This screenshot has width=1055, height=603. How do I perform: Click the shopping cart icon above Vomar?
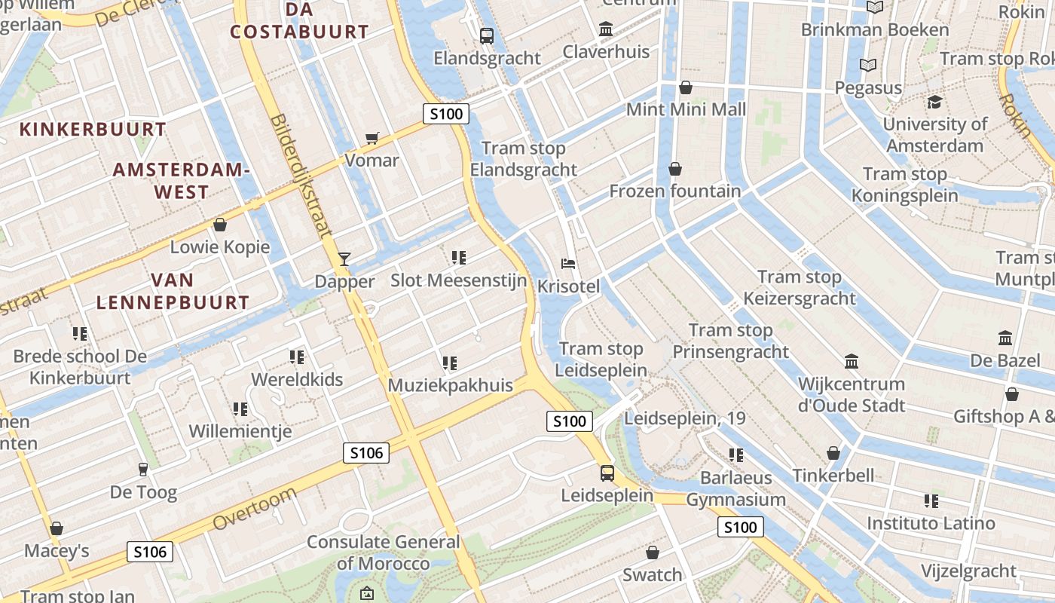pos(371,138)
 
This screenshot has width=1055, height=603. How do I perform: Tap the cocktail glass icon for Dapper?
pos(344,259)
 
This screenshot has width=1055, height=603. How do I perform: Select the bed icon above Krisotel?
pos(569,264)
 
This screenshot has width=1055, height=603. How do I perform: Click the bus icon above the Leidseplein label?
pos(607,473)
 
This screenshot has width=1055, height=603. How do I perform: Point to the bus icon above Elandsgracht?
pos(487,35)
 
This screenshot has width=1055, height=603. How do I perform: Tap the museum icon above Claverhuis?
pos(606,29)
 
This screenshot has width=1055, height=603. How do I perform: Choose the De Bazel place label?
pos(1005,360)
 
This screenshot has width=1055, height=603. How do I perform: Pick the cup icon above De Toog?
pos(143,470)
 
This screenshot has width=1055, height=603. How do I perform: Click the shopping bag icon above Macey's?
pos(57,528)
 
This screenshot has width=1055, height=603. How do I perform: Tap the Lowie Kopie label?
pos(219,246)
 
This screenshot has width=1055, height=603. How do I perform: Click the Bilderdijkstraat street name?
pos(300,177)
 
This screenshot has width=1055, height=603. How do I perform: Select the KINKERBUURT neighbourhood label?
pos(93,129)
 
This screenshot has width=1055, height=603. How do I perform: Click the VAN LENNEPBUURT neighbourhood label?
pos(173,292)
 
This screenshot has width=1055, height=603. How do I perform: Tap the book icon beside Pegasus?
pos(868,66)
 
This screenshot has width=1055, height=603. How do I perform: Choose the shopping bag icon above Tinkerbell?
pos(833,453)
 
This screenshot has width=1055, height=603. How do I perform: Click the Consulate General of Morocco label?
pos(383,552)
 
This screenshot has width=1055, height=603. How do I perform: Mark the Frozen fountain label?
pos(674,191)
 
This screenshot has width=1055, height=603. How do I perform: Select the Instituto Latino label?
pos(931,523)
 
